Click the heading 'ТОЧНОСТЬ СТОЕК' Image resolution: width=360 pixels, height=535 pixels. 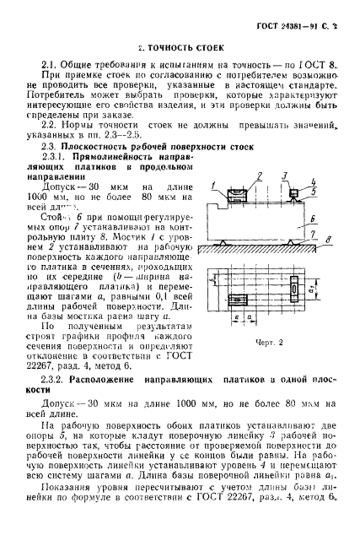(181, 49)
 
